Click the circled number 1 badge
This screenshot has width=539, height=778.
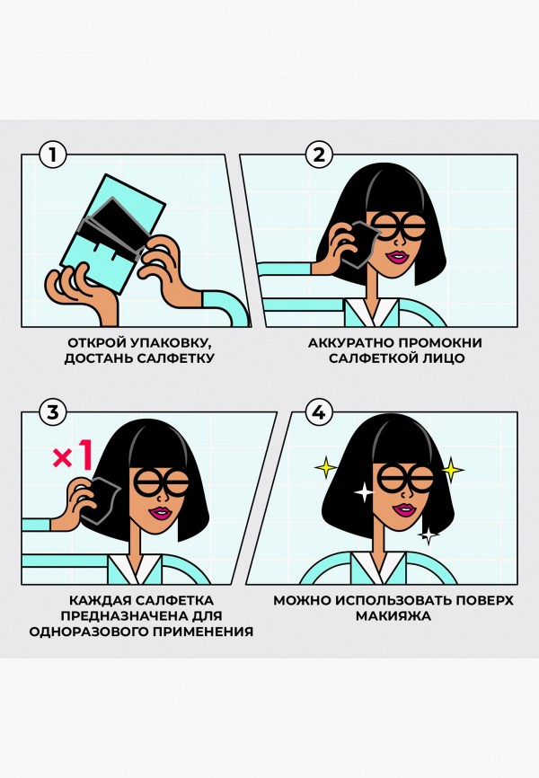point(52,155)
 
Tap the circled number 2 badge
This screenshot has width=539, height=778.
point(319,155)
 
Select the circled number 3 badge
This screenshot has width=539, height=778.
point(52,412)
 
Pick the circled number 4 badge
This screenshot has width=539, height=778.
point(319,412)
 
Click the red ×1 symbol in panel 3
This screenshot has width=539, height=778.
point(73,456)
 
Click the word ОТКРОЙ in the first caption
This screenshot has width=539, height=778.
point(96,343)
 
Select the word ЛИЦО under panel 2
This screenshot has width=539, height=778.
point(444,358)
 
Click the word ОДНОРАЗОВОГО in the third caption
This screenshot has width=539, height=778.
point(88,632)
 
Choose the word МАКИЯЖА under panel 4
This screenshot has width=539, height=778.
point(393,616)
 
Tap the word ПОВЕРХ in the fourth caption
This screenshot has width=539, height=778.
point(484,600)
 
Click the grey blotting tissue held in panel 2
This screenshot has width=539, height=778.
point(361,245)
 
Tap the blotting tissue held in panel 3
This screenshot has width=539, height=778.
point(102,500)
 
